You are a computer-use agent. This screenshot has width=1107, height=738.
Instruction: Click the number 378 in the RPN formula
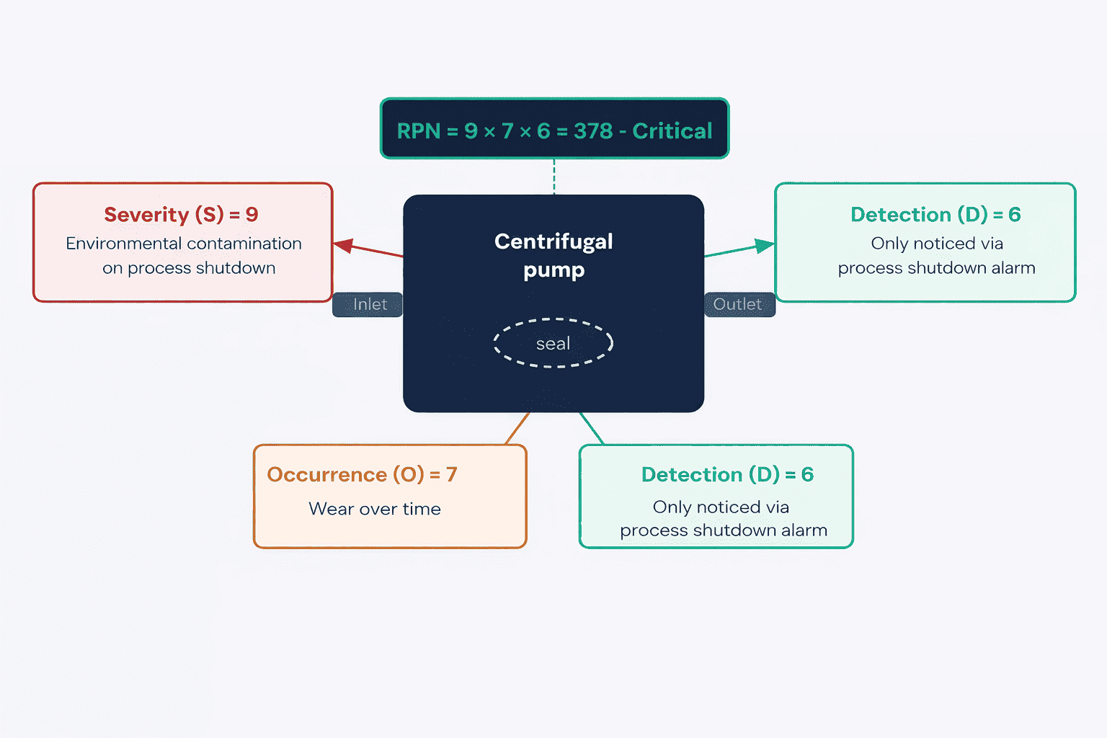pos(593,131)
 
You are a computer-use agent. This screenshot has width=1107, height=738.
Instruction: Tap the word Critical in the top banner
pos(672,131)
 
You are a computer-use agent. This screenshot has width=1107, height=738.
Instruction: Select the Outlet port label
pos(739,304)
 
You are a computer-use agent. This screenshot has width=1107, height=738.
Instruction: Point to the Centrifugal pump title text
pos(553,256)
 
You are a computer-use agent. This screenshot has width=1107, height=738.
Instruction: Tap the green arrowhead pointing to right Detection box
pos(765,245)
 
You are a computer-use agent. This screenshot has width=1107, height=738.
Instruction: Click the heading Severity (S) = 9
pos(181,215)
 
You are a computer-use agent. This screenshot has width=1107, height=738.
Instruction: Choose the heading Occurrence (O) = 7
pos(362,474)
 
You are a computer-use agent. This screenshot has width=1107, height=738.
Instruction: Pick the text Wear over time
pos(375,509)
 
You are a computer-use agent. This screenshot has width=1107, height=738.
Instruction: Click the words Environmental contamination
pos(183,243)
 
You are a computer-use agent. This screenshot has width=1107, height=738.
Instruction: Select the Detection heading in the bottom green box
pos(727,474)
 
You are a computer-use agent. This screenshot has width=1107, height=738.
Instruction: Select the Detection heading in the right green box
pos(935,215)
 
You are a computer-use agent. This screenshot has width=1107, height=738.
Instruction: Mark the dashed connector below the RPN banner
pos(554,177)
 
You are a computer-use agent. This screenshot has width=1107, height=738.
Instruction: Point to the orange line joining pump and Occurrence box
pos(517,429)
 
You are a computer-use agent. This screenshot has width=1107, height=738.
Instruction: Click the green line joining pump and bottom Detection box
pos(592,429)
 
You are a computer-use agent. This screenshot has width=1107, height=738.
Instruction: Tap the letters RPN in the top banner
pos(418,131)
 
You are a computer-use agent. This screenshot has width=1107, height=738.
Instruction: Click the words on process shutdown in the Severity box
pos(189,268)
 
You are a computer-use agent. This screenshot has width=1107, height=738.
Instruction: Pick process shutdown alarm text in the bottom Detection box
pos(724,530)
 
